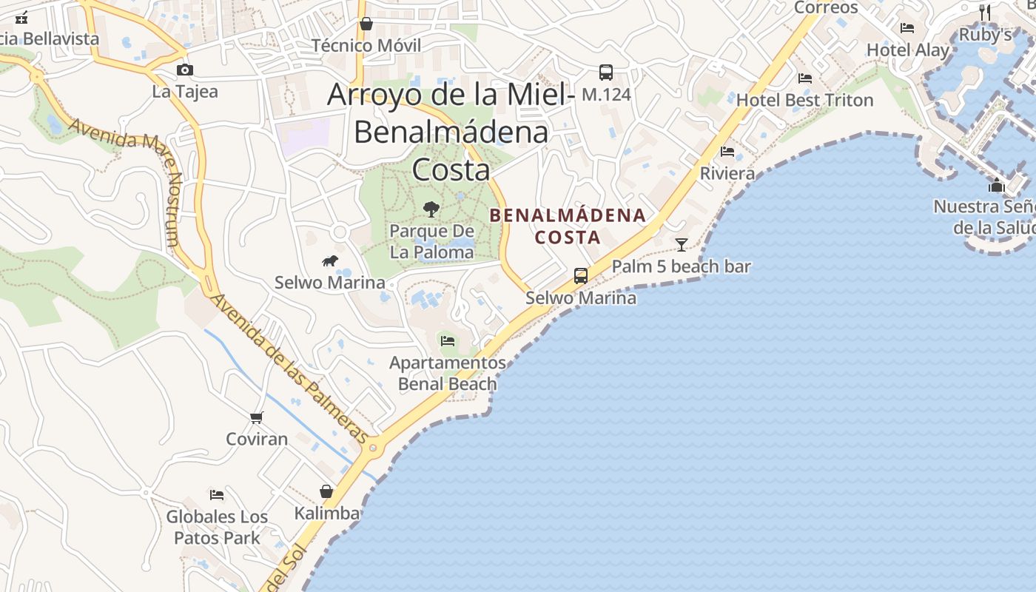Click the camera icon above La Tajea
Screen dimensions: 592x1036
click(185, 70)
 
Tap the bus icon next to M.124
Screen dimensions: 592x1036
click(606, 73)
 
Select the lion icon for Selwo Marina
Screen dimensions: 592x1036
click(330, 260)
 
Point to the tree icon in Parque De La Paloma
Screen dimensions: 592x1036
click(431, 209)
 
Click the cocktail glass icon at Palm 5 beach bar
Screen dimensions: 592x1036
click(682, 244)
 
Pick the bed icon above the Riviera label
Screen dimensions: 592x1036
click(727, 152)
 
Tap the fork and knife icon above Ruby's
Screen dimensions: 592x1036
click(985, 12)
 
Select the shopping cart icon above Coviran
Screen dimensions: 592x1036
click(257, 417)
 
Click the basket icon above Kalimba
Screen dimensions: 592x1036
click(326, 491)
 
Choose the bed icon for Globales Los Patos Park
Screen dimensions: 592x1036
click(217, 494)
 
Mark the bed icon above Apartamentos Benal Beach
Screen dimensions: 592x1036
click(448, 341)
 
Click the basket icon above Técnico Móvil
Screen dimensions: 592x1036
click(366, 24)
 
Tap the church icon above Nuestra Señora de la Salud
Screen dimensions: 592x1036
click(997, 185)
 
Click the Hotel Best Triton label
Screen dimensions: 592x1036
click(804, 101)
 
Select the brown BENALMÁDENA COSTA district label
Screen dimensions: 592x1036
click(568, 226)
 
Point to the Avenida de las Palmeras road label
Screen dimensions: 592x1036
click(289, 370)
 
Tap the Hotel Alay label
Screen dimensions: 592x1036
click(908, 50)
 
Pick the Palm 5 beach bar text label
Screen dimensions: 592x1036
click(682, 267)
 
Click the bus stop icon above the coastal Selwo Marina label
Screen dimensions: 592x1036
click(581, 276)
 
